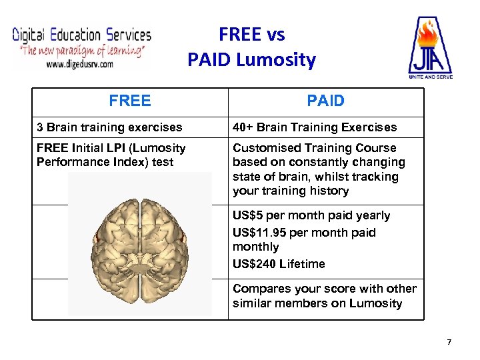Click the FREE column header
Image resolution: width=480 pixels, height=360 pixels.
(130, 101)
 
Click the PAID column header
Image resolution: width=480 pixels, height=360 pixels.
(325, 101)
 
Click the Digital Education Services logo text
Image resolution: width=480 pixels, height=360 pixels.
(81, 35)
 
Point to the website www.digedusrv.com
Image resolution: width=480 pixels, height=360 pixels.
(79, 64)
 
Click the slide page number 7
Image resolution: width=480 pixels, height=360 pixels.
(449, 342)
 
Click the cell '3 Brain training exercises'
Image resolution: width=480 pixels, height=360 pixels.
(109, 127)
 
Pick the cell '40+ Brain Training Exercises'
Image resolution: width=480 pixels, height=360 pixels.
(315, 127)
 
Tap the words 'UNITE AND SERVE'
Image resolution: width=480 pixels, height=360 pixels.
(430, 77)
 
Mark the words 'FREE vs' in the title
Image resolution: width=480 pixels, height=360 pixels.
(251, 34)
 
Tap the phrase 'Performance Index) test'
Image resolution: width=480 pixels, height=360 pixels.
(105, 162)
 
